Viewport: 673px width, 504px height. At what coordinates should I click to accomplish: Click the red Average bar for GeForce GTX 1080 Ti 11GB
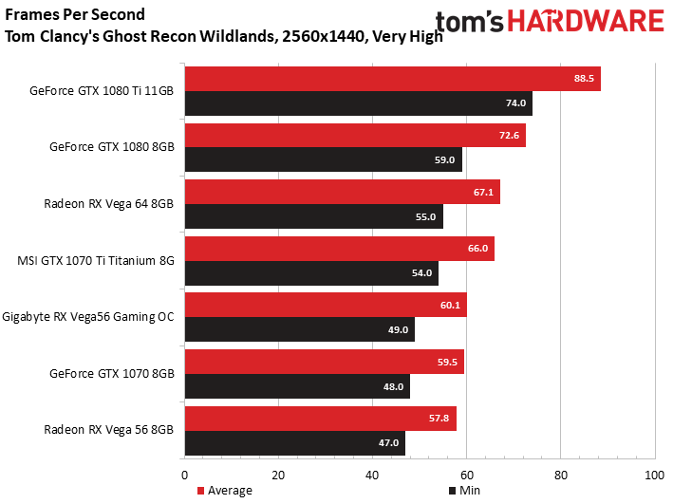[393, 79]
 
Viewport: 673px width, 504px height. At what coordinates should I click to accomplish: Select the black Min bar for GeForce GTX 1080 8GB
[324, 159]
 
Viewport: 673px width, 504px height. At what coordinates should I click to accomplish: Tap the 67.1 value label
[483, 192]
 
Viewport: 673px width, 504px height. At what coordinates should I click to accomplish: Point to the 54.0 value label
[421, 273]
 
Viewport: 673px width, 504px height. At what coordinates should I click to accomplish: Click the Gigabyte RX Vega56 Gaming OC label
[88, 317]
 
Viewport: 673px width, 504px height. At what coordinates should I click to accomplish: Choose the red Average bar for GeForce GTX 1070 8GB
[325, 362]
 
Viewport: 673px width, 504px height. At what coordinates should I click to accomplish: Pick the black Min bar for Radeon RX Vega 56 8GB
[295, 443]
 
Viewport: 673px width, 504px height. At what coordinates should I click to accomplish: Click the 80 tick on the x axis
[561, 476]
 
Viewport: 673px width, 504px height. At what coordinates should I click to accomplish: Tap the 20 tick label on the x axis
[278, 476]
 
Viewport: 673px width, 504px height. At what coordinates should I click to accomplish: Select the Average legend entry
[224, 491]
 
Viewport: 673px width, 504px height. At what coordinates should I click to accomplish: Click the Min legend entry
[464, 491]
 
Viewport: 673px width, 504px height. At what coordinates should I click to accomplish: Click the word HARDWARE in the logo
[586, 22]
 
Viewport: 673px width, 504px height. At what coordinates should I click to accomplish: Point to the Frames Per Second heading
[75, 14]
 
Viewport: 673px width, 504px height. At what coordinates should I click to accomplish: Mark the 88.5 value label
[584, 78]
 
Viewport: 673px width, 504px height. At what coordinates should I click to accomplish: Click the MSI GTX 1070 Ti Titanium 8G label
[96, 261]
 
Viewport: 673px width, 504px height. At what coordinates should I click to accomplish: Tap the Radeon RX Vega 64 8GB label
[108, 203]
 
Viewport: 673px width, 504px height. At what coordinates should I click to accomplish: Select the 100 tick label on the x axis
[655, 476]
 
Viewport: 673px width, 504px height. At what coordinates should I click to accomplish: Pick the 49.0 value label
[398, 329]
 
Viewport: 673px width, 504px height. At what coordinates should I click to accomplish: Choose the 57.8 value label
[439, 419]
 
